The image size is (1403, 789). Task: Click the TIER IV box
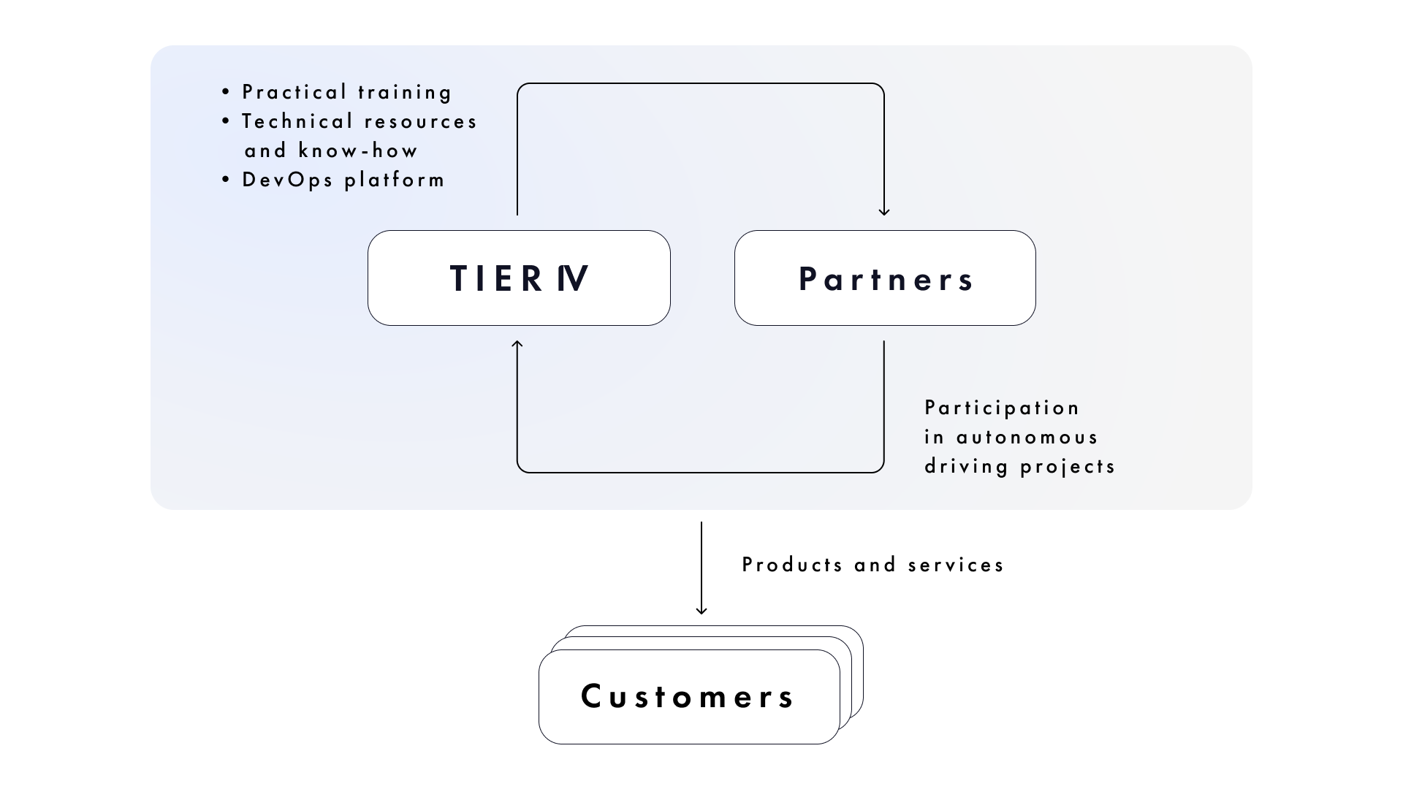pos(519,278)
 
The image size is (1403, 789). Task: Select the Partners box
pos(885,278)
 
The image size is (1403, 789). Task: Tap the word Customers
pos(687,696)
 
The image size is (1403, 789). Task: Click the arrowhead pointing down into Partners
pos(884,211)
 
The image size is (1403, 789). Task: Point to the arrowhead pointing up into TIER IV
pos(517,344)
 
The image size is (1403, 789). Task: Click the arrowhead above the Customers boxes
pos(701,610)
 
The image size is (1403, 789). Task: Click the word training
pos(405,92)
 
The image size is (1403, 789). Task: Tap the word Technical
pos(297,121)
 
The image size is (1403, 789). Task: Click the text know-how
pos(358,150)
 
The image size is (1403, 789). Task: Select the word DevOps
pos(287,180)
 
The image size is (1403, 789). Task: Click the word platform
pos(395,180)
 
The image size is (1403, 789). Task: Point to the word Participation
pos(1002,408)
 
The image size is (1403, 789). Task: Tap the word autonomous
pos(1027,437)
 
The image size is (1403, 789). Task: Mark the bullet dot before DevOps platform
pos(226,180)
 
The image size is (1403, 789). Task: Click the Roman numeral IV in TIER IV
pos(572,278)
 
